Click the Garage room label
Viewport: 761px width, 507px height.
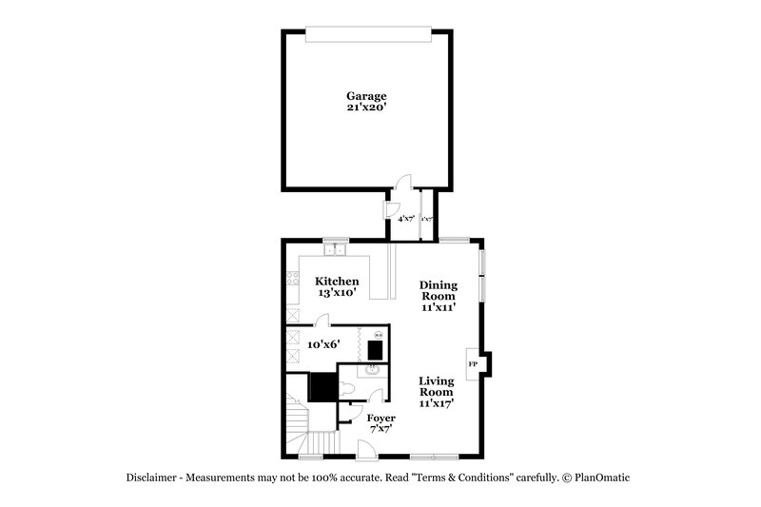366,96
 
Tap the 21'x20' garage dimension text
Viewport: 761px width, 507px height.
366,108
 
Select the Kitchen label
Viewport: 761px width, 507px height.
337,281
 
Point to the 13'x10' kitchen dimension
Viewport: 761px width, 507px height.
337,294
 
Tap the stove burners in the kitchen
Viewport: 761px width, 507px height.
292,279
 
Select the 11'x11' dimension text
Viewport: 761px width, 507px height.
439,308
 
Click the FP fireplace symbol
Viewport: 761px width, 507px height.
473,364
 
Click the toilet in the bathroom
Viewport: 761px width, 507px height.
347,389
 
